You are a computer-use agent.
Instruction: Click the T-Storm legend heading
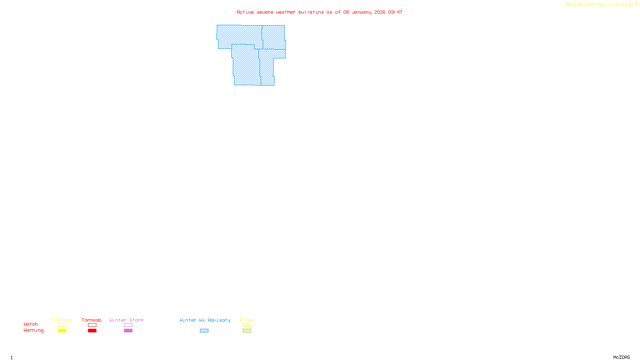[62, 320]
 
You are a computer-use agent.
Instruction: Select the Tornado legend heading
[92, 320]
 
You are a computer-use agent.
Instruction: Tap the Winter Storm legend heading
[126, 320]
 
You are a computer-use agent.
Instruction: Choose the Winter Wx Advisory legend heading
[205, 320]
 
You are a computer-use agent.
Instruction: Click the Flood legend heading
[247, 320]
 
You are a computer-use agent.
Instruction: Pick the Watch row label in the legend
[31, 324]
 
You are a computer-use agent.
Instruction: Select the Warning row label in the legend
[34, 330]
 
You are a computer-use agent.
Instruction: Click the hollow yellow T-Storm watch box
[62, 325]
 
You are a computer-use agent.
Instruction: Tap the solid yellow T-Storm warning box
[62, 331]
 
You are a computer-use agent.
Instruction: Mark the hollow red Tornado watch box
[92, 325]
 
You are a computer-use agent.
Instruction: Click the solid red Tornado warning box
[92, 331]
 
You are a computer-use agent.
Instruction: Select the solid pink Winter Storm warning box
[128, 331]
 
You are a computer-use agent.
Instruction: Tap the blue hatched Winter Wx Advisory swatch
[204, 331]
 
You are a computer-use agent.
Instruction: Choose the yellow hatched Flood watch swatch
[247, 325]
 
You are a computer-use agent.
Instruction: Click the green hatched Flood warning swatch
[247, 331]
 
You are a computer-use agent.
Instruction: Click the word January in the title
[362, 12]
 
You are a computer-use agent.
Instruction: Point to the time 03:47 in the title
[395, 12]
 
